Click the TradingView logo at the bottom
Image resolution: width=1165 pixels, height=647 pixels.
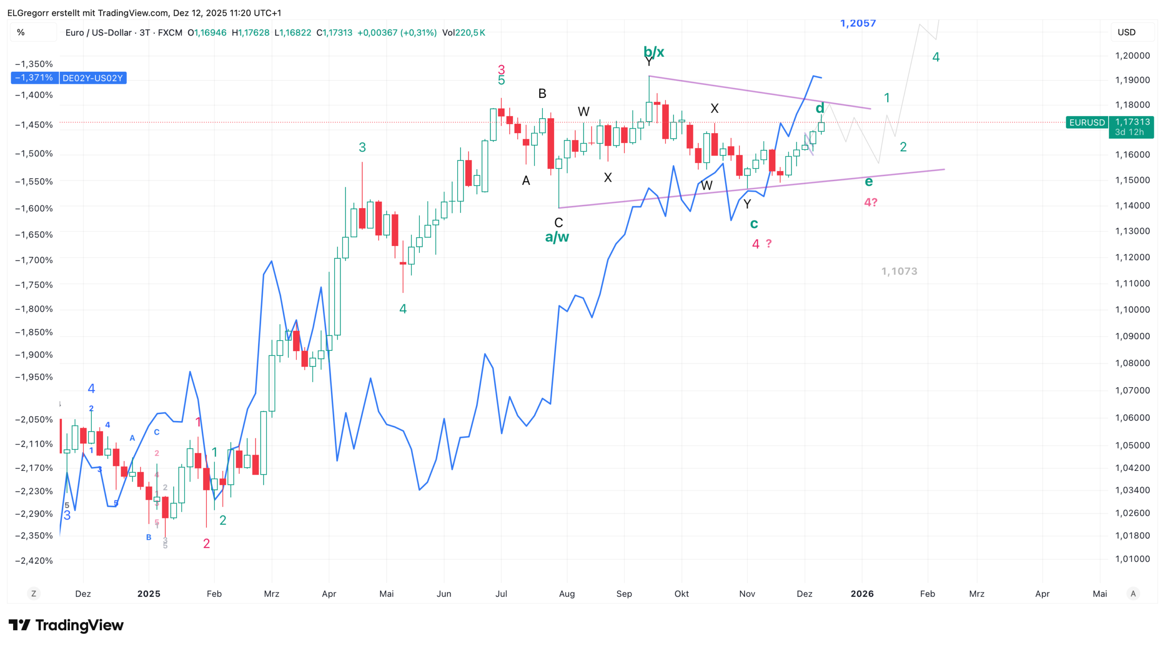pos(66,625)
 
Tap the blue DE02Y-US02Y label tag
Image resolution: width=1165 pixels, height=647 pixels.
pos(92,78)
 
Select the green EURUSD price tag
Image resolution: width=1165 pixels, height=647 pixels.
pos(1087,123)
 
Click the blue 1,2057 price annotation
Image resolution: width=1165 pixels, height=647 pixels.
pos(857,23)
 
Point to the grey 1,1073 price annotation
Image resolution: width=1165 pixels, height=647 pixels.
pos(899,271)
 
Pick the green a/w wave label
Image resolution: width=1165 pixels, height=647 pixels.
pos(557,237)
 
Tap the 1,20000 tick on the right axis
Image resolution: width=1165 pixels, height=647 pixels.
pos(1132,55)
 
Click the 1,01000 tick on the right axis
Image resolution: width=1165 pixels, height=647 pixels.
pos(1132,559)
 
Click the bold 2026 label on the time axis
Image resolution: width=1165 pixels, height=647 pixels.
pos(862,594)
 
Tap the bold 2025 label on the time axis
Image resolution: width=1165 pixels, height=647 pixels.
pos(149,594)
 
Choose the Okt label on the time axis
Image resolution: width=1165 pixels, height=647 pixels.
pos(681,594)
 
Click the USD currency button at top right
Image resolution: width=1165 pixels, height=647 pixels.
pos(1126,33)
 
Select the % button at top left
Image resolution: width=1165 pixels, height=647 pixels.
pos(21,33)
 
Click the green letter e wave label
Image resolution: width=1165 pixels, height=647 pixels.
pos(869,182)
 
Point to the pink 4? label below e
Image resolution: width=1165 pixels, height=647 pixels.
pos(870,202)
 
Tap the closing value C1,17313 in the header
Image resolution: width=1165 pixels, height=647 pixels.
pos(334,33)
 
